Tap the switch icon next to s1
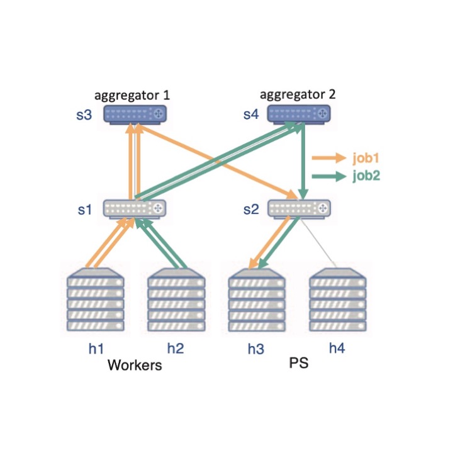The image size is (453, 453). (x=135, y=208)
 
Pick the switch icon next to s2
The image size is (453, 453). (x=299, y=208)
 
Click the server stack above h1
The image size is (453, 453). (x=95, y=301)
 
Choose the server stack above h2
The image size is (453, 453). (x=176, y=301)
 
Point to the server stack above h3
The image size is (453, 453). (x=256, y=301)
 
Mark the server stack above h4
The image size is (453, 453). (x=337, y=301)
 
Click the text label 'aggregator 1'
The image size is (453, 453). (x=132, y=96)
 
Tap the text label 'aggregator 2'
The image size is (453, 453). (x=298, y=95)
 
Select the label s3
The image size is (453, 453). (x=85, y=115)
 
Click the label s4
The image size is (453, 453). (x=251, y=115)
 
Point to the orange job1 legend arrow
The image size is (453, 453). (x=329, y=157)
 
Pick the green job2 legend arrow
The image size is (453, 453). (x=329, y=176)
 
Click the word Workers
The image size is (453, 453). (x=135, y=365)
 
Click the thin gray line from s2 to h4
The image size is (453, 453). (x=318, y=242)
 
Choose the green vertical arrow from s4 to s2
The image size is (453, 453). (x=304, y=160)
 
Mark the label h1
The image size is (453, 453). (x=96, y=348)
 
